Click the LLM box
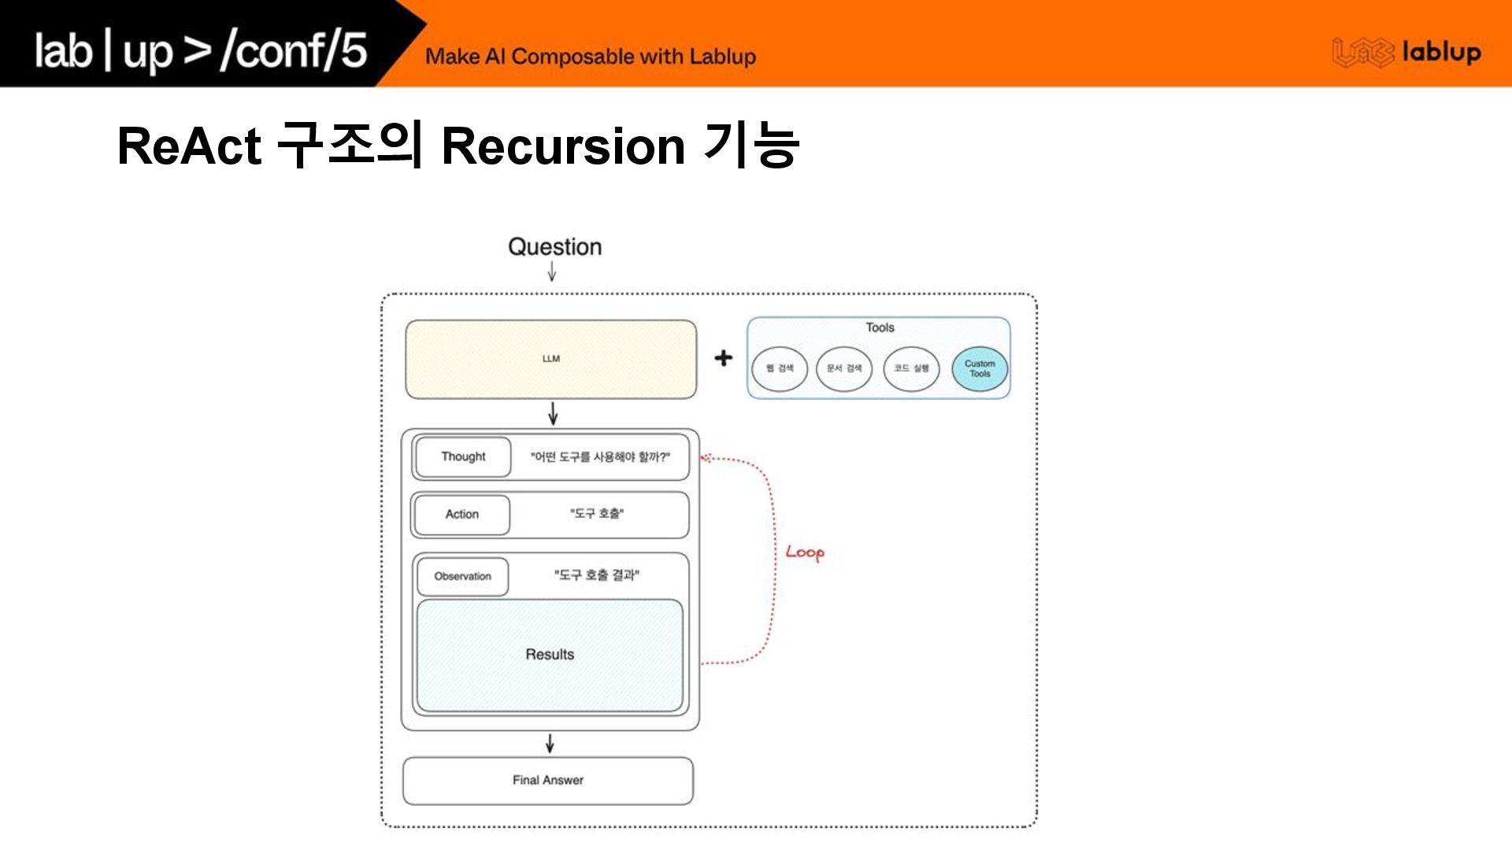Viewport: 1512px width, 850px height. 550,359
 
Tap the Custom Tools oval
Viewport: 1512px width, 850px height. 980,368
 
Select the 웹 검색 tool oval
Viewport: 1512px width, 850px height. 780,368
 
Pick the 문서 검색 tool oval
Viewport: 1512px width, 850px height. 844,368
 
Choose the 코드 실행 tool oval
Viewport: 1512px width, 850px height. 911,368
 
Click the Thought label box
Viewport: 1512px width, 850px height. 463,456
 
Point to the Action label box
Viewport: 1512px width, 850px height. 461,514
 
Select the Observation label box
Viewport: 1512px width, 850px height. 462,576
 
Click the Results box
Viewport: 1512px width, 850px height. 550,655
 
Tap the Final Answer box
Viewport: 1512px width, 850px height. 548,780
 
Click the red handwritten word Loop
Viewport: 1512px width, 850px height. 805,552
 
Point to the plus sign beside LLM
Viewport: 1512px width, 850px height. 723,358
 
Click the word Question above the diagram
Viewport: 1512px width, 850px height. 554,247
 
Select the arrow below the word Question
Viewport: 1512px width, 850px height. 552,272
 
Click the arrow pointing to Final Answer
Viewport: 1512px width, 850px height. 550,743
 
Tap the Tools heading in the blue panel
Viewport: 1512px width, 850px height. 880,327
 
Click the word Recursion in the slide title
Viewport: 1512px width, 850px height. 563,146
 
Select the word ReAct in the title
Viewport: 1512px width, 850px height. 189,146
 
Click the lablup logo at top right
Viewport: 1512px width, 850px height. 1406,53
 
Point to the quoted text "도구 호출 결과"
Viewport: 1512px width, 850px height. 597,575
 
